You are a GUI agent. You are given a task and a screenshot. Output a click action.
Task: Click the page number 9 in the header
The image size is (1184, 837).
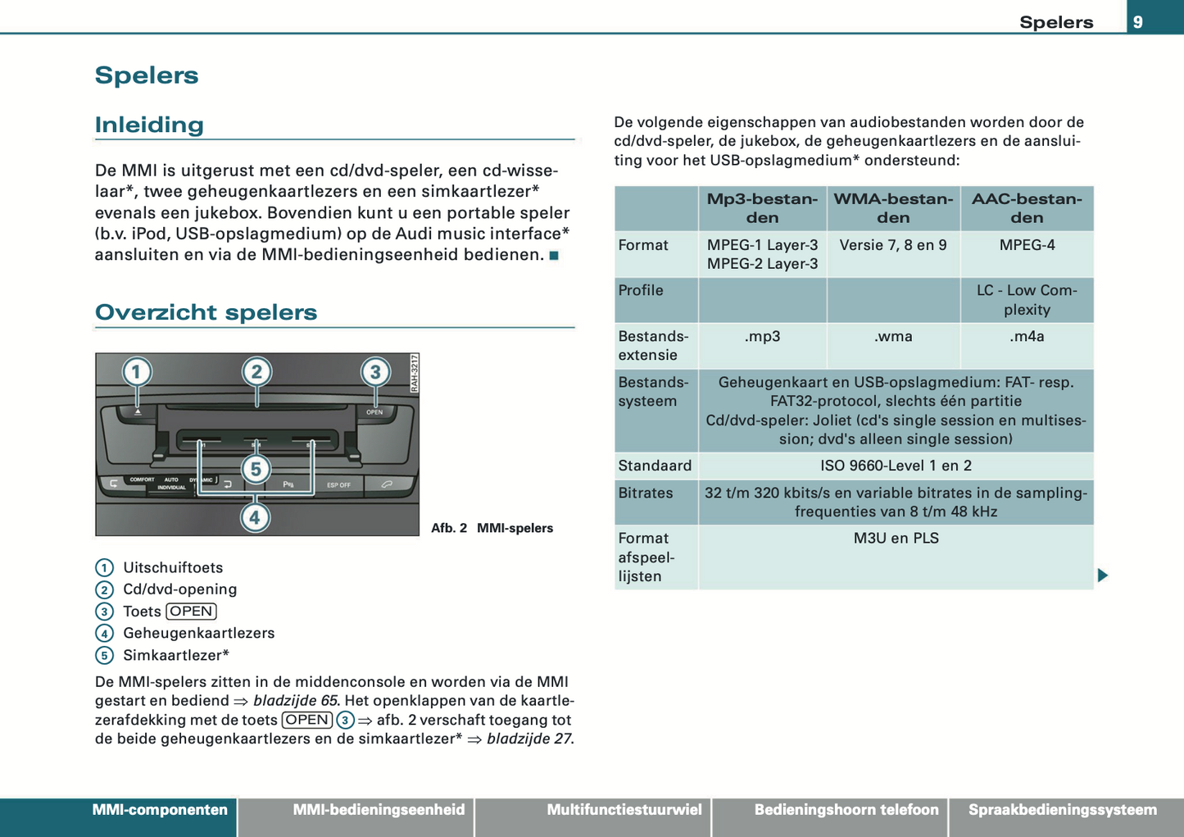click(x=1138, y=22)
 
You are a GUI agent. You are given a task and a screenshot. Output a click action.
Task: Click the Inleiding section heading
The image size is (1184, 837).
click(x=149, y=125)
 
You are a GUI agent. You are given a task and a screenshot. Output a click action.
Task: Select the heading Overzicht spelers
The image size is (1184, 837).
click(x=206, y=312)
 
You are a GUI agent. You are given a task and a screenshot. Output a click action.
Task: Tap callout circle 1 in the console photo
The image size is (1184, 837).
click(x=137, y=372)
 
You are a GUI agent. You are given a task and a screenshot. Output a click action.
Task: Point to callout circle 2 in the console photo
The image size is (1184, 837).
click(x=256, y=372)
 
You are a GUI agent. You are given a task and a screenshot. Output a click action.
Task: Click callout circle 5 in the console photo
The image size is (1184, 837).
click(x=256, y=469)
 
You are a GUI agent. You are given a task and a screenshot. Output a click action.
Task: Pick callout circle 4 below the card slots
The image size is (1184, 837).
click(x=255, y=517)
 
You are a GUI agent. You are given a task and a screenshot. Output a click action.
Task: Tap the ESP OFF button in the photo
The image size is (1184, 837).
click(x=338, y=484)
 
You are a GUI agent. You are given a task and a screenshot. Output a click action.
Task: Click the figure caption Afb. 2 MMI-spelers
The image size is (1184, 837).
click(x=492, y=528)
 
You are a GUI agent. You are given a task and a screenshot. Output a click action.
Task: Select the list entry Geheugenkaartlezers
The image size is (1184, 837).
click(x=198, y=633)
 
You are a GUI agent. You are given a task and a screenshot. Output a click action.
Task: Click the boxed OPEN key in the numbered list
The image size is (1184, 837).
click(x=191, y=612)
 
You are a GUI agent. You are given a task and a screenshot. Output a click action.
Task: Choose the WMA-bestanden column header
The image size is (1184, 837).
click(x=893, y=208)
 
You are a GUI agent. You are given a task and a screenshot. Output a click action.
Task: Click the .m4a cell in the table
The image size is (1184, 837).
click(x=1027, y=336)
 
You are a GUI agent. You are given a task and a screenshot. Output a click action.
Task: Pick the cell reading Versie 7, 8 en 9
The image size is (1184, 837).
click(x=893, y=245)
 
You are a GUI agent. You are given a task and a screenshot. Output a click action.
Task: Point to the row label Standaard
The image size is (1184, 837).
click(x=655, y=466)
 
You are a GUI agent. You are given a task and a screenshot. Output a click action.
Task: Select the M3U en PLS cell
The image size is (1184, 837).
click(x=896, y=539)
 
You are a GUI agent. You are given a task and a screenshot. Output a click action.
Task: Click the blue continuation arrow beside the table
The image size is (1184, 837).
click(x=1103, y=575)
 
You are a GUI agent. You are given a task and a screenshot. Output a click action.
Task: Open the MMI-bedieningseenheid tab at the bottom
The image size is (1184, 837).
click(x=379, y=810)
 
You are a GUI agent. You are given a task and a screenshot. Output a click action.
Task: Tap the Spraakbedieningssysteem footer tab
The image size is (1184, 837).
click(x=1063, y=810)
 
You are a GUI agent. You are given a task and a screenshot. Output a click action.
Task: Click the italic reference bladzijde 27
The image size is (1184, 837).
click(x=528, y=739)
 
